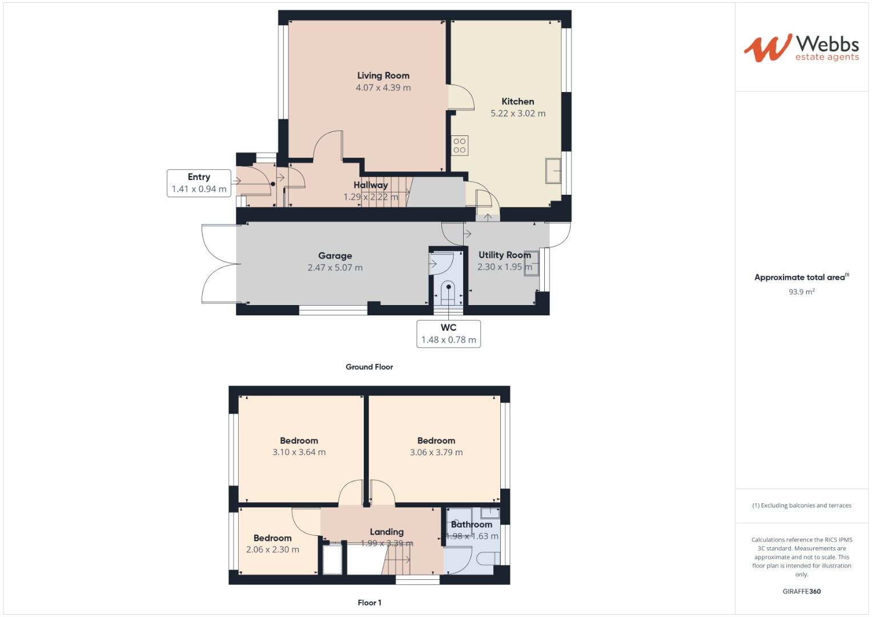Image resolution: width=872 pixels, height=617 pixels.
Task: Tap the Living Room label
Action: pyautogui.click(x=383, y=75)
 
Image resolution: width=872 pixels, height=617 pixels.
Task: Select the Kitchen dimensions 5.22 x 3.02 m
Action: pyautogui.click(x=518, y=114)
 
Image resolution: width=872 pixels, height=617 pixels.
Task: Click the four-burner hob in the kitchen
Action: pyautogui.click(x=460, y=145)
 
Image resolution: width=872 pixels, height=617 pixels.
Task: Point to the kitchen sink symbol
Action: pyautogui.click(x=553, y=170)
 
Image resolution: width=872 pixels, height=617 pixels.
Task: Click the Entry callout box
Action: pyautogui.click(x=199, y=183)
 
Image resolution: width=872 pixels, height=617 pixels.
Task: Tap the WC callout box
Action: pyautogui.click(x=448, y=334)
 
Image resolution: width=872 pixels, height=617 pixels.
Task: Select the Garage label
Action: pyautogui.click(x=335, y=256)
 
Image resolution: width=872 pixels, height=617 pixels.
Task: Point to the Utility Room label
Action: pyautogui.click(x=505, y=255)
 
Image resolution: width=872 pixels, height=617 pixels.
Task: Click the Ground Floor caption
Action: pyautogui.click(x=369, y=367)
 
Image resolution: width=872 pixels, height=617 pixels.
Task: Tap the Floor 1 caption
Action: pyautogui.click(x=369, y=602)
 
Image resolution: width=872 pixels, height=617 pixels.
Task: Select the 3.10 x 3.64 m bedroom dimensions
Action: pyautogui.click(x=299, y=452)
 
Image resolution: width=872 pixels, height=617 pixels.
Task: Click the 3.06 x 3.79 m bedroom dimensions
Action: pyautogui.click(x=436, y=452)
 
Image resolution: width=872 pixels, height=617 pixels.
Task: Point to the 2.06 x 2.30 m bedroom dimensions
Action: pyautogui.click(x=272, y=550)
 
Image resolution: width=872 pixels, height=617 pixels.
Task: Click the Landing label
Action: pyautogui.click(x=387, y=532)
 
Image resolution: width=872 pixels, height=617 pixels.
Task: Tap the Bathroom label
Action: pyautogui.click(x=471, y=524)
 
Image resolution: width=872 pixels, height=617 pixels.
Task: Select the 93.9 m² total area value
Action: pyautogui.click(x=801, y=291)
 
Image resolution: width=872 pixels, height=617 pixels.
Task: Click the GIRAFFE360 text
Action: pyautogui.click(x=801, y=591)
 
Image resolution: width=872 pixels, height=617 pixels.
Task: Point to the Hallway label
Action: pyautogui.click(x=371, y=185)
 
